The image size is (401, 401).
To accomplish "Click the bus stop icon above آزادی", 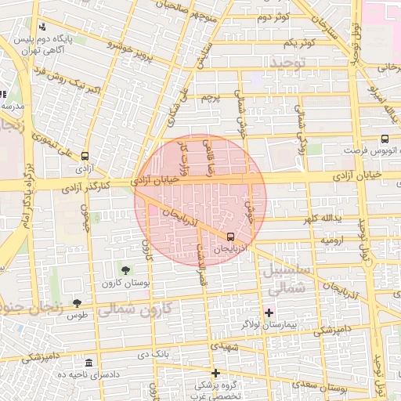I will [x=85, y=155].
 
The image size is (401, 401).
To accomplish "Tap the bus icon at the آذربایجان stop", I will [x=230, y=236].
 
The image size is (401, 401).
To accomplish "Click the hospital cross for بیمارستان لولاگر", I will [x=269, y=312].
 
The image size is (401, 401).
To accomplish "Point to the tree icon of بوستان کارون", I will [x=125, y=270].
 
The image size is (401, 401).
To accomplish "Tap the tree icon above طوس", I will [x=77, y=303].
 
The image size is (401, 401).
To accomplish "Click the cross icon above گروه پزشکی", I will [x=215, y=373].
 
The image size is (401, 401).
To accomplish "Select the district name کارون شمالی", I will [x=144, y=309].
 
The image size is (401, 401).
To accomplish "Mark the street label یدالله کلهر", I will [x=325, y=218].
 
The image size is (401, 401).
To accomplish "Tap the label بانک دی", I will [x=158, y=355].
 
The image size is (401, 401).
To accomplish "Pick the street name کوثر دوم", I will [x=273, y=16].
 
